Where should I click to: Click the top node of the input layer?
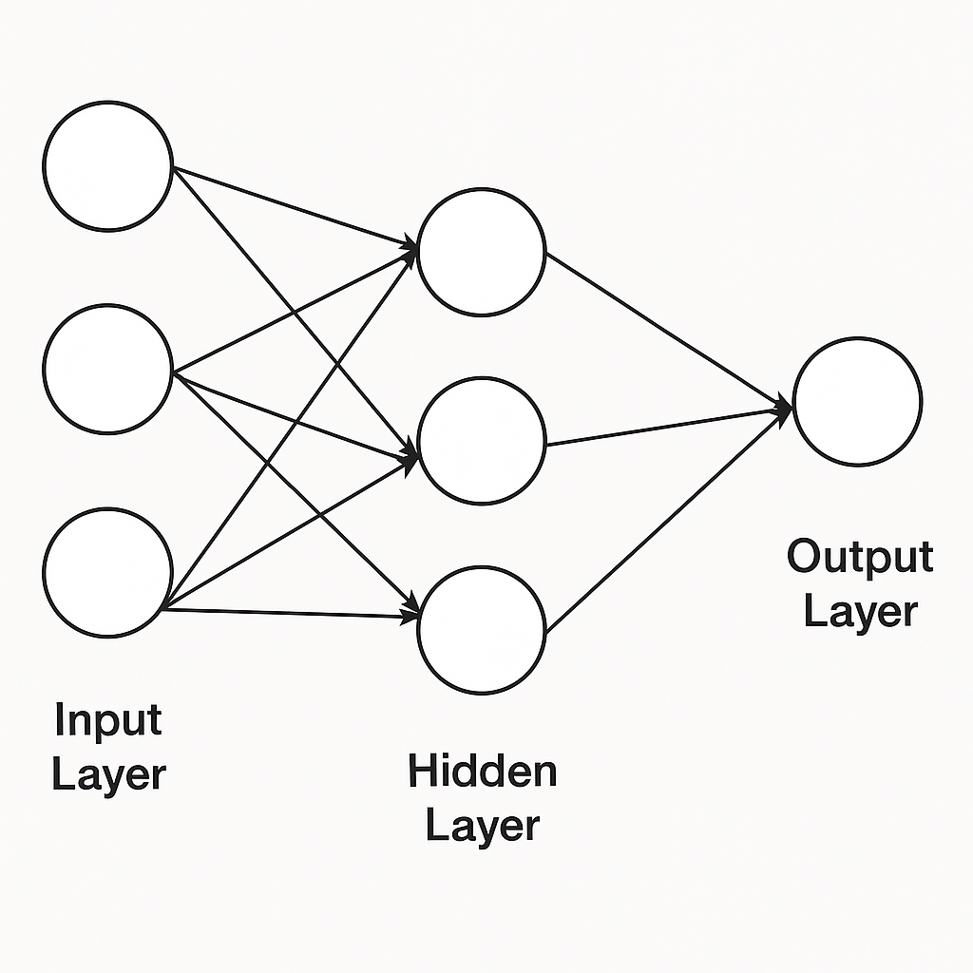click(107, 165)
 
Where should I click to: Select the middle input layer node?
click(107, 369)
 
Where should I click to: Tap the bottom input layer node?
click(107, 572)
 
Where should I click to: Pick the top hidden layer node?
click(481, 252)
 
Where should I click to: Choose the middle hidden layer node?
click(481, 440)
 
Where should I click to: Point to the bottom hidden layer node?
click(481, 629)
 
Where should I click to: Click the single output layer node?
click(857, 401)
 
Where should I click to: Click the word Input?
click(108, 720)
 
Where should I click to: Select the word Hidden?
click(482, 771)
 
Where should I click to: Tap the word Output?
click(860, 556)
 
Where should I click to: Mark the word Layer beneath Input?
click(108, 774)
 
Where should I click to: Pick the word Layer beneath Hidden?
click(482, 825)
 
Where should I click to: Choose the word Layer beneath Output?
click(860, 611)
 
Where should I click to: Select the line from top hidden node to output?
click(665, 328)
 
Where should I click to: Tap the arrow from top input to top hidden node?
click(295, 208)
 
